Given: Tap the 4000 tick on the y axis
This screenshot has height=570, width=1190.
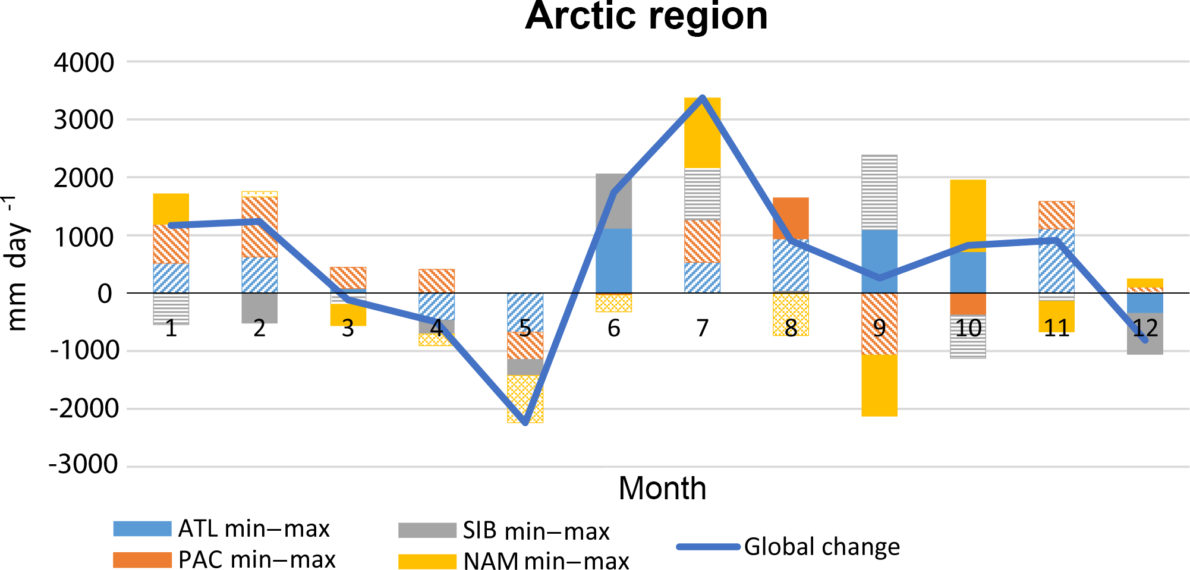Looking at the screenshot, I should (x=84, y=62).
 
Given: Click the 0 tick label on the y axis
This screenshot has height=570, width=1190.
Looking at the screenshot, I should (x=105, y=293).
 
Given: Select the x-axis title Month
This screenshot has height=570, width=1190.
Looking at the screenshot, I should (x=662, y=489).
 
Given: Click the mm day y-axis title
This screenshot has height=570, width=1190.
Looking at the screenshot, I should (x=17, y=264).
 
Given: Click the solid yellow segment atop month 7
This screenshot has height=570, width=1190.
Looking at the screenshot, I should (x=702, y=133).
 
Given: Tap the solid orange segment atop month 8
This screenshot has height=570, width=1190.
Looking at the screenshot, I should (x=791, y=218).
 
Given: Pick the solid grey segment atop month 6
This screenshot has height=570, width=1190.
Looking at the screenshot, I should (x=613, y=201).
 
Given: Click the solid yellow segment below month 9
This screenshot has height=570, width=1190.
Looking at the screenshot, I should (x=879, y=385).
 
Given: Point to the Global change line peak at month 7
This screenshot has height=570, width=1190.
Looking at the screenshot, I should (x=702, y=98).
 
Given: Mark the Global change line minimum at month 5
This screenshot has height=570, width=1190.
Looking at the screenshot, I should (x=525, y=423).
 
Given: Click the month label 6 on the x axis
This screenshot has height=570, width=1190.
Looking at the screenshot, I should (x=613, y=328).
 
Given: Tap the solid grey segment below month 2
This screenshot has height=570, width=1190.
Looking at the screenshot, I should (x=259, y=308).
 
